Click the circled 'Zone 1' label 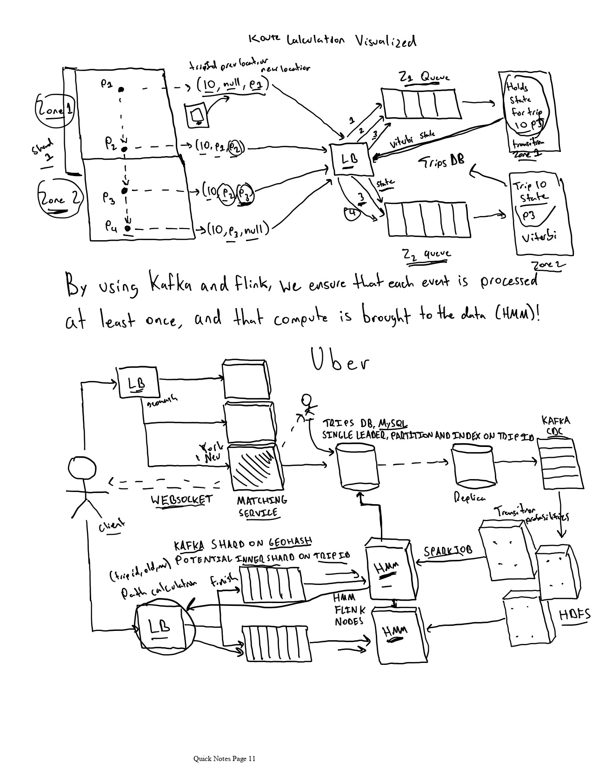55,111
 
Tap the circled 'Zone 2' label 60,199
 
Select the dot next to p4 127,228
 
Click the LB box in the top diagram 350,159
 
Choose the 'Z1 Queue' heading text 425,77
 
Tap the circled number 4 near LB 353,213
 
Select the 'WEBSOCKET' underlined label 182,500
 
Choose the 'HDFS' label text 573,615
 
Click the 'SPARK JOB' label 448,551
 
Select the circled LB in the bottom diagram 159,627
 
